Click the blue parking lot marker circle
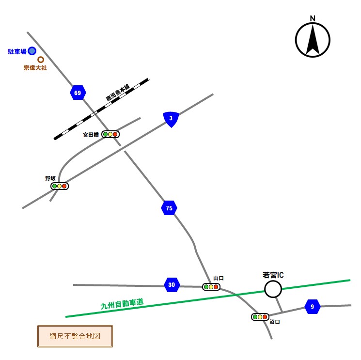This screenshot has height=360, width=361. pos(32,51)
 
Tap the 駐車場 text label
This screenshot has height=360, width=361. pos(17,51)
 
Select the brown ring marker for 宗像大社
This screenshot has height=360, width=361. pos(41,60)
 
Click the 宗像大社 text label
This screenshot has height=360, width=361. pos(35,68)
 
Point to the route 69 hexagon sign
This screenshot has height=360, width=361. pos(78,93)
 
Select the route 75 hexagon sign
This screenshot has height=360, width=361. pos(169,208)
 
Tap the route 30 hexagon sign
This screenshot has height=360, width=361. pos(172,285)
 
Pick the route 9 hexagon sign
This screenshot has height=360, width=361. pos(313,306)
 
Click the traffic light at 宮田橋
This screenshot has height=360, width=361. pos(110,134)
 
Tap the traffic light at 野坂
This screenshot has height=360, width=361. pos(60,186)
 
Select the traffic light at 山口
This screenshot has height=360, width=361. pos(211,287)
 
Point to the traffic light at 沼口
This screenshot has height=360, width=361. pos(260,317)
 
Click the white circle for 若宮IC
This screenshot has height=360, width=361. pos(273,290)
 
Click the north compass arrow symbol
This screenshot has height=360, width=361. pos(313,40)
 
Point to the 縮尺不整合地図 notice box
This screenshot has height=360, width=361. pos(75,336)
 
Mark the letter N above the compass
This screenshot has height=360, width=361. pos(313,19)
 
